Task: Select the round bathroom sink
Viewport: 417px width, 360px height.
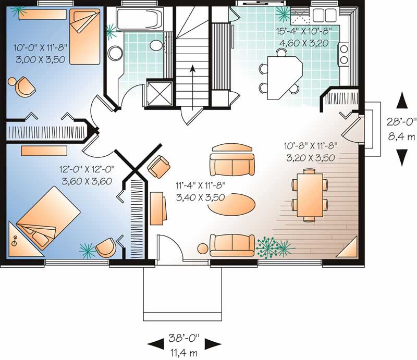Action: click(x=114, y=52)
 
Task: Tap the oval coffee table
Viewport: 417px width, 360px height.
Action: click(x=231, y=203)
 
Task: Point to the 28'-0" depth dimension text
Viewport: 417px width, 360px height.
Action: click(x=401, y=122)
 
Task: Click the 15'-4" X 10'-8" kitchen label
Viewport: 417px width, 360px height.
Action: click(x=303, y=37)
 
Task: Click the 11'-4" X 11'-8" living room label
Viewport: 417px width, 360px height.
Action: click(x=200, y=191)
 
